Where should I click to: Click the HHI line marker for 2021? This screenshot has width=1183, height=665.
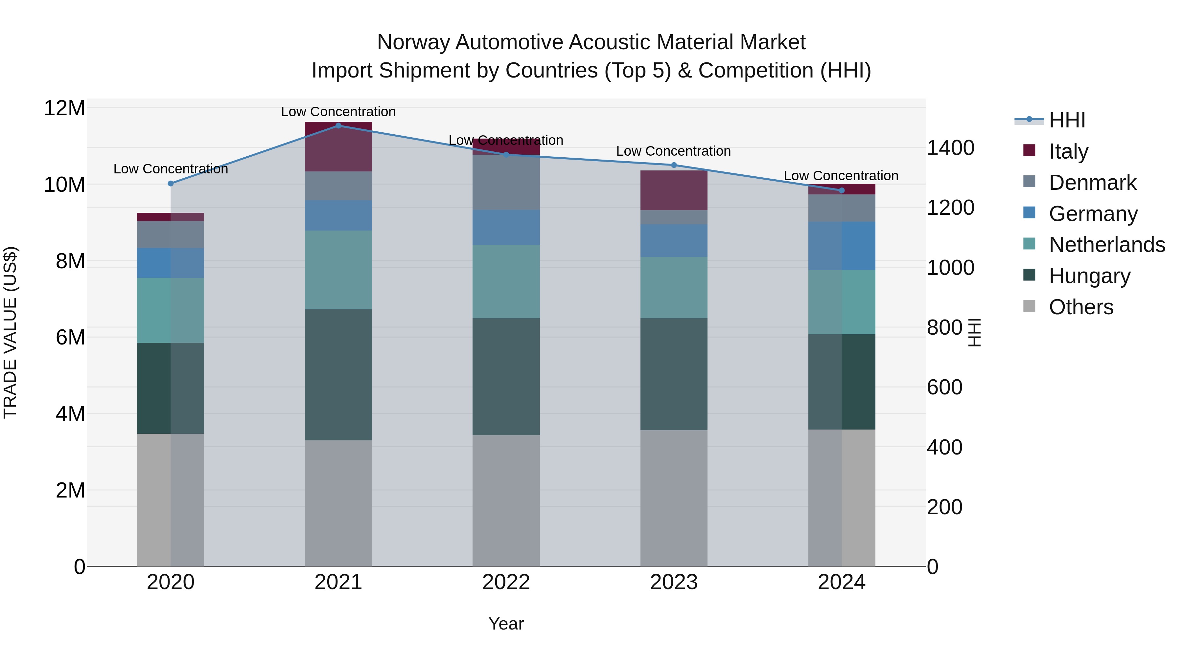coord(338,125)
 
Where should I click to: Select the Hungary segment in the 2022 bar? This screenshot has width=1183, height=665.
coord(506,376)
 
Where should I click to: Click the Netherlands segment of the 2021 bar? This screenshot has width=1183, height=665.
coord(338,270)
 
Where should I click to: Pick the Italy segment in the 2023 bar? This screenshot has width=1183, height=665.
coord(674,190)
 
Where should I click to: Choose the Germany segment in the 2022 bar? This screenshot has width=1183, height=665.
coord(506,228)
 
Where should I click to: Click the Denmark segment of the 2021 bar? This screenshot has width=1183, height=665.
coord(338,186)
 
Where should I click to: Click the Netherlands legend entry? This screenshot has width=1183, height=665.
coord(1107,245)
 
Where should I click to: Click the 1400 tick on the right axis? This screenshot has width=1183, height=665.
coord(950,148)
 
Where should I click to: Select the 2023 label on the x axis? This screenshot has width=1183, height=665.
coord(674,582)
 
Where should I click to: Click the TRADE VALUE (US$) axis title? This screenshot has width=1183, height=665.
coord(10,332)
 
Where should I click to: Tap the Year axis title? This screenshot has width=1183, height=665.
coord(506,624)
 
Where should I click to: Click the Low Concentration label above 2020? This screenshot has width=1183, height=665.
coord(171,169)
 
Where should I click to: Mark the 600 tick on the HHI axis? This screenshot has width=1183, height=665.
coord(944,388)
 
